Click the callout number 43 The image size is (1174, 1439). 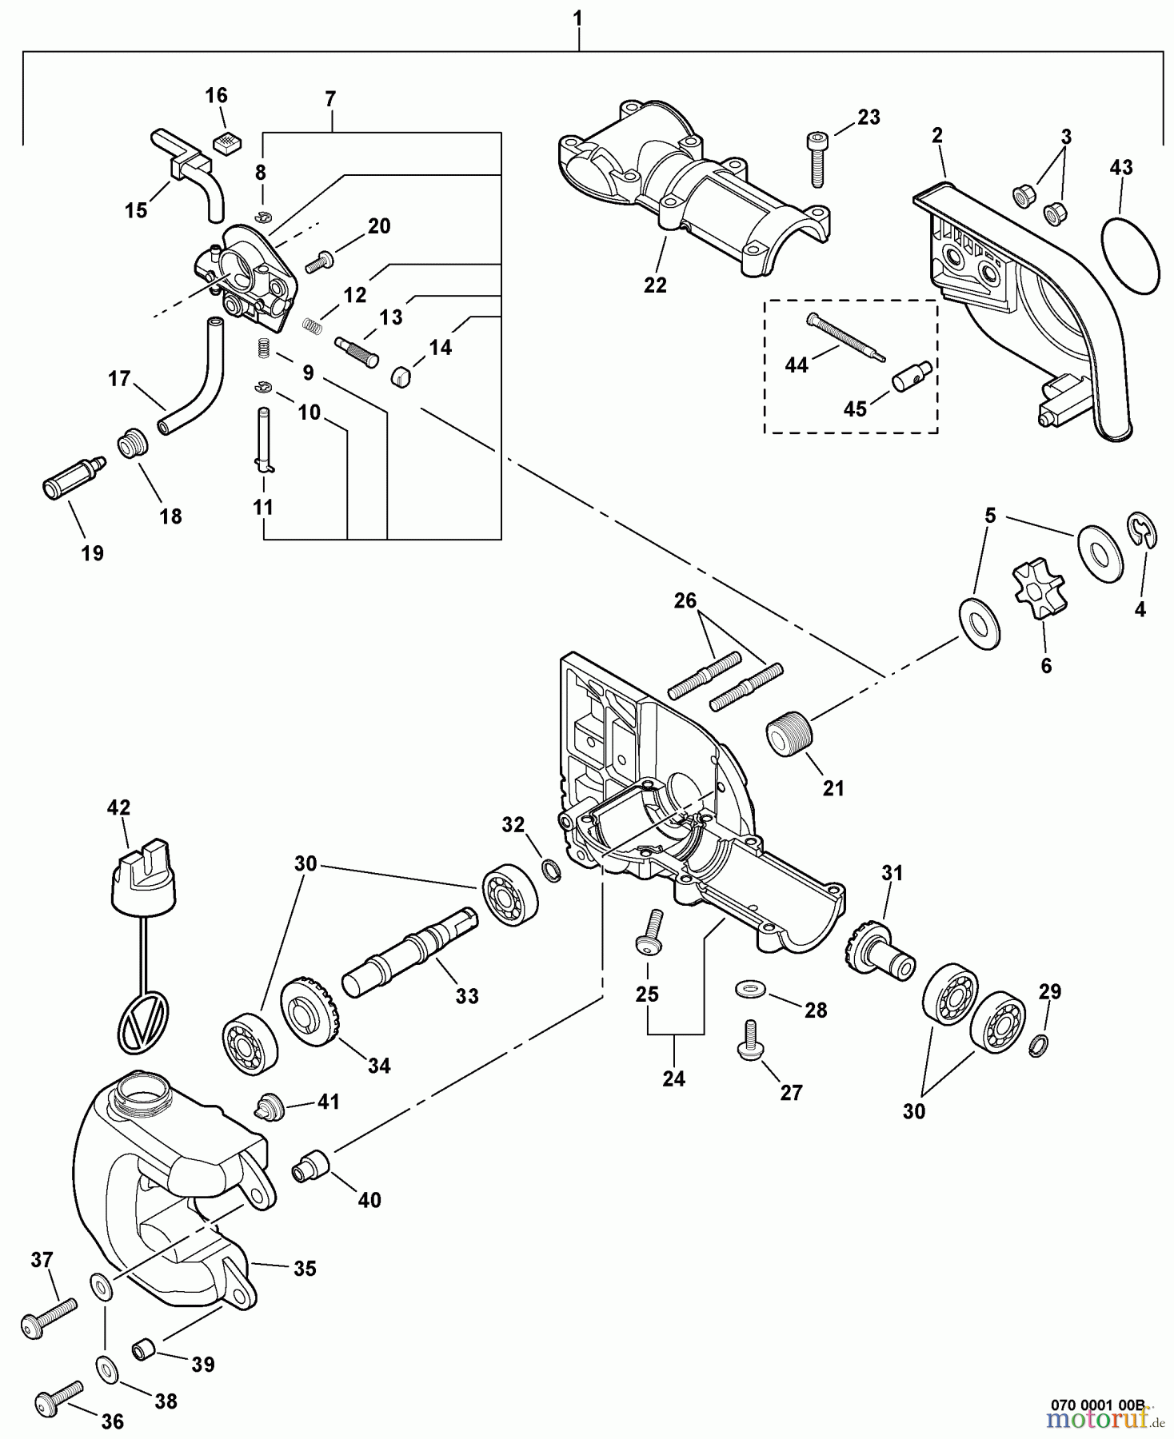coord(1121,168)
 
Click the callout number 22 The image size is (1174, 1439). coord(655,285)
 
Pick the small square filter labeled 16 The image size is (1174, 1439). coord(228,143)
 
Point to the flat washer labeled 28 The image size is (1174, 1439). coord(749,991)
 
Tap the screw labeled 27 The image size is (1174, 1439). coord(749,1040)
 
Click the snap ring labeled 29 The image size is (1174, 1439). coord(1037,1043)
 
